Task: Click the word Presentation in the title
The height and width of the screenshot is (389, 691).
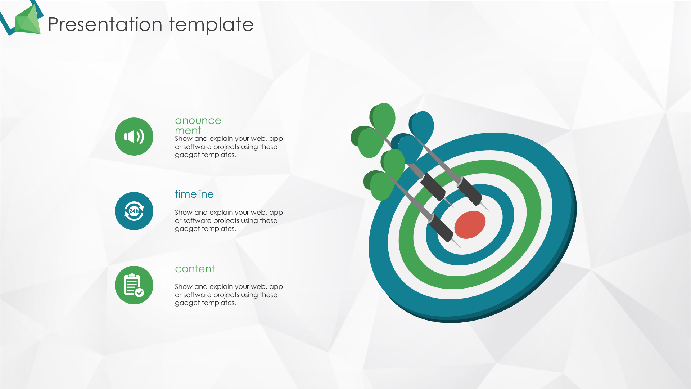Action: [105, 24]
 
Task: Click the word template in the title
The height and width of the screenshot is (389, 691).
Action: [211, 24]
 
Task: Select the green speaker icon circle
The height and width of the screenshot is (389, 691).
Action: [134, 137]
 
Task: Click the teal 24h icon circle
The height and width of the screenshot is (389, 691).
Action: [134, 211]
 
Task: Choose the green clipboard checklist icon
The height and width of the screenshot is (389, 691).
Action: [134, 285]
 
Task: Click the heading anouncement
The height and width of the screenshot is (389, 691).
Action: [198, 125]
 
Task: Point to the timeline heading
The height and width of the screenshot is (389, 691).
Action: [194, 194]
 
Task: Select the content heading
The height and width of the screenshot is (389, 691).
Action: [195, 269]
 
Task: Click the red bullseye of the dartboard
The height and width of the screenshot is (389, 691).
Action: [470, 225]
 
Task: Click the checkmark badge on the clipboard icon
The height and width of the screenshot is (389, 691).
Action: [140, 292]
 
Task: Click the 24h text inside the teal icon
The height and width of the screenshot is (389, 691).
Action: [134, 211]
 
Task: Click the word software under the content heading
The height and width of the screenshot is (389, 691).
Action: [197, 295]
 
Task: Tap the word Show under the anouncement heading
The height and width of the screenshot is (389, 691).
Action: [184, 139]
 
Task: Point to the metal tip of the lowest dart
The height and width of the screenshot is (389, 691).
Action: [456, 243]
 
